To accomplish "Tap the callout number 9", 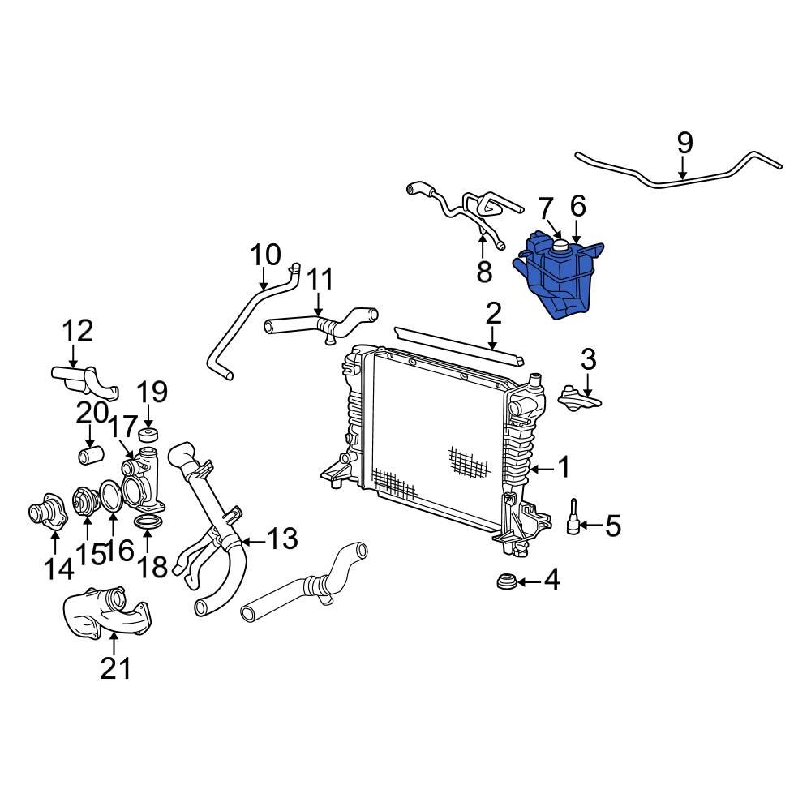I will (684, 144).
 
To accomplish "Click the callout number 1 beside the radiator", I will (562, 468).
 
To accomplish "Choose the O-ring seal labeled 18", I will (147, 521).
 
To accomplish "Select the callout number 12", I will (79, 331).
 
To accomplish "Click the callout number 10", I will (265, 255).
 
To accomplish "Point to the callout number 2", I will (493, 314).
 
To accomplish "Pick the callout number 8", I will (484, 272).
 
